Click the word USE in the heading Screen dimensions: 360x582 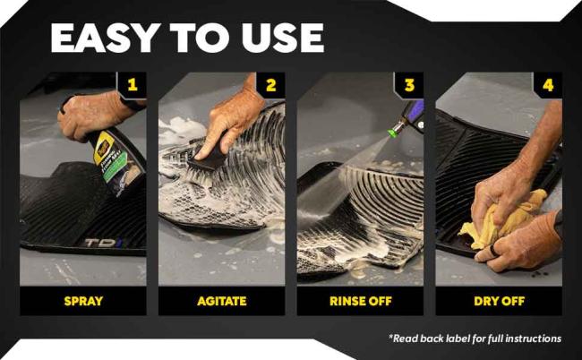tap(279, 38)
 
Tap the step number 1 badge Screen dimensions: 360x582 tap(133, 85)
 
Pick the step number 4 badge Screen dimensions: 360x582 tap(548, 85)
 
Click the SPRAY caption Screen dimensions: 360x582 tap(82, 300)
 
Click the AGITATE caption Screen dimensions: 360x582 tap(221, 300)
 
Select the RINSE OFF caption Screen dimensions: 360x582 tap(360, 300)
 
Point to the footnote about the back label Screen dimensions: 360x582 tap(475, 339)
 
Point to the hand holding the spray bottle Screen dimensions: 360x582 tap(94, 112)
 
